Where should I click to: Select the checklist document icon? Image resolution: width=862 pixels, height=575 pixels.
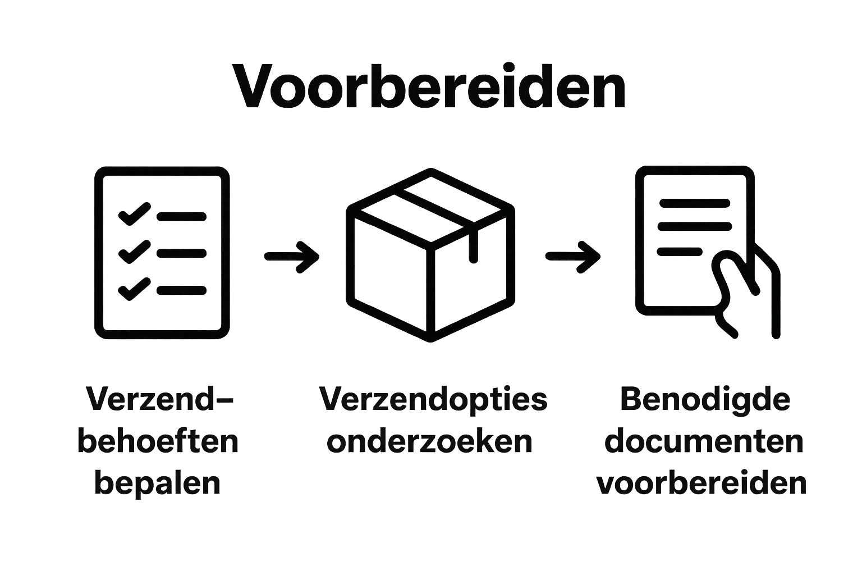click(x=162, y=253)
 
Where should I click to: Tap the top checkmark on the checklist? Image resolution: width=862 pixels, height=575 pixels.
click(x=132, y=214)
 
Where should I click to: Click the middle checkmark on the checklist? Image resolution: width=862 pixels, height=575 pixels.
click(x=132, y=252)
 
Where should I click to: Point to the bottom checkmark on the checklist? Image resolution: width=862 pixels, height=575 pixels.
click(x=132, y=289)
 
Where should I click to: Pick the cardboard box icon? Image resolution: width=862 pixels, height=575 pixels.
click(x=430, y=255)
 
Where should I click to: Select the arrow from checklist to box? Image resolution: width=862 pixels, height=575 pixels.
click(x=291, y=256)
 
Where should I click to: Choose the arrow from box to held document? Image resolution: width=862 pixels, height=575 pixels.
click(x=572, y=256)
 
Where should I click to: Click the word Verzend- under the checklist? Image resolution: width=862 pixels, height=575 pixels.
click(x=159, y=400)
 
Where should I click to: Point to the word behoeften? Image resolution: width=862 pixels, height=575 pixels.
click(x=158, y=442)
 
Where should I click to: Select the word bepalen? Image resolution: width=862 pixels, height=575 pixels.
click(x=158, y=483)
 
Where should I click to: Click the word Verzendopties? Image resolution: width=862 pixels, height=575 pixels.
click(x=433, y=400)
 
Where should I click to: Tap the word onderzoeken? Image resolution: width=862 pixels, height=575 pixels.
click(x=430, y=442)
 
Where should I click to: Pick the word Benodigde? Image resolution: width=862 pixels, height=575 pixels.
click(x=704, y=400)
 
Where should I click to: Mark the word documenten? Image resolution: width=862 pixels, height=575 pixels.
click(x=704, y=442)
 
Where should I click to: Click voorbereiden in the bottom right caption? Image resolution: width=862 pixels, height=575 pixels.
click(x=702, y=483)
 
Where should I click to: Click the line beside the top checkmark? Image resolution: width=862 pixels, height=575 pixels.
click(x=181, y=216)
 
